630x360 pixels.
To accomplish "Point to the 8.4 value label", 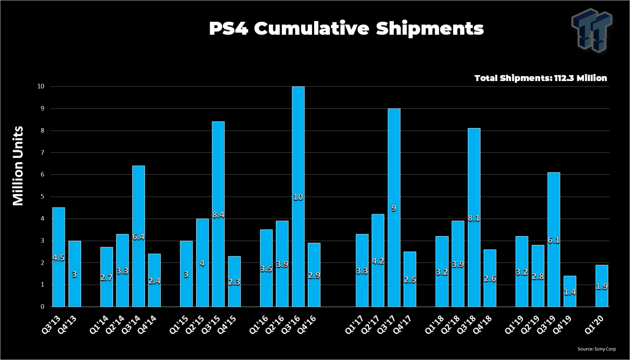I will point(218,215).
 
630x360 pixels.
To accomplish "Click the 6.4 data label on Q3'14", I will point(139,237).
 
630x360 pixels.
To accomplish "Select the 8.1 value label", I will point(474,218).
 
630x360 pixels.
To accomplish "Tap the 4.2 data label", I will point(378,261).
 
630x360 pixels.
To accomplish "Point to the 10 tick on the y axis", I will point(41,87).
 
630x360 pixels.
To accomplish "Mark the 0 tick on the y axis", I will point(42,307).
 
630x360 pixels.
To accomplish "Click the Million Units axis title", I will point(18,166).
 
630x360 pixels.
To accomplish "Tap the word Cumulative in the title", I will point(311,29).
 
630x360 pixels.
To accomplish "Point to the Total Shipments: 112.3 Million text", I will point(541,78).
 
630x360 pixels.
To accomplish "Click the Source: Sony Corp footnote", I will point(596,349).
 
